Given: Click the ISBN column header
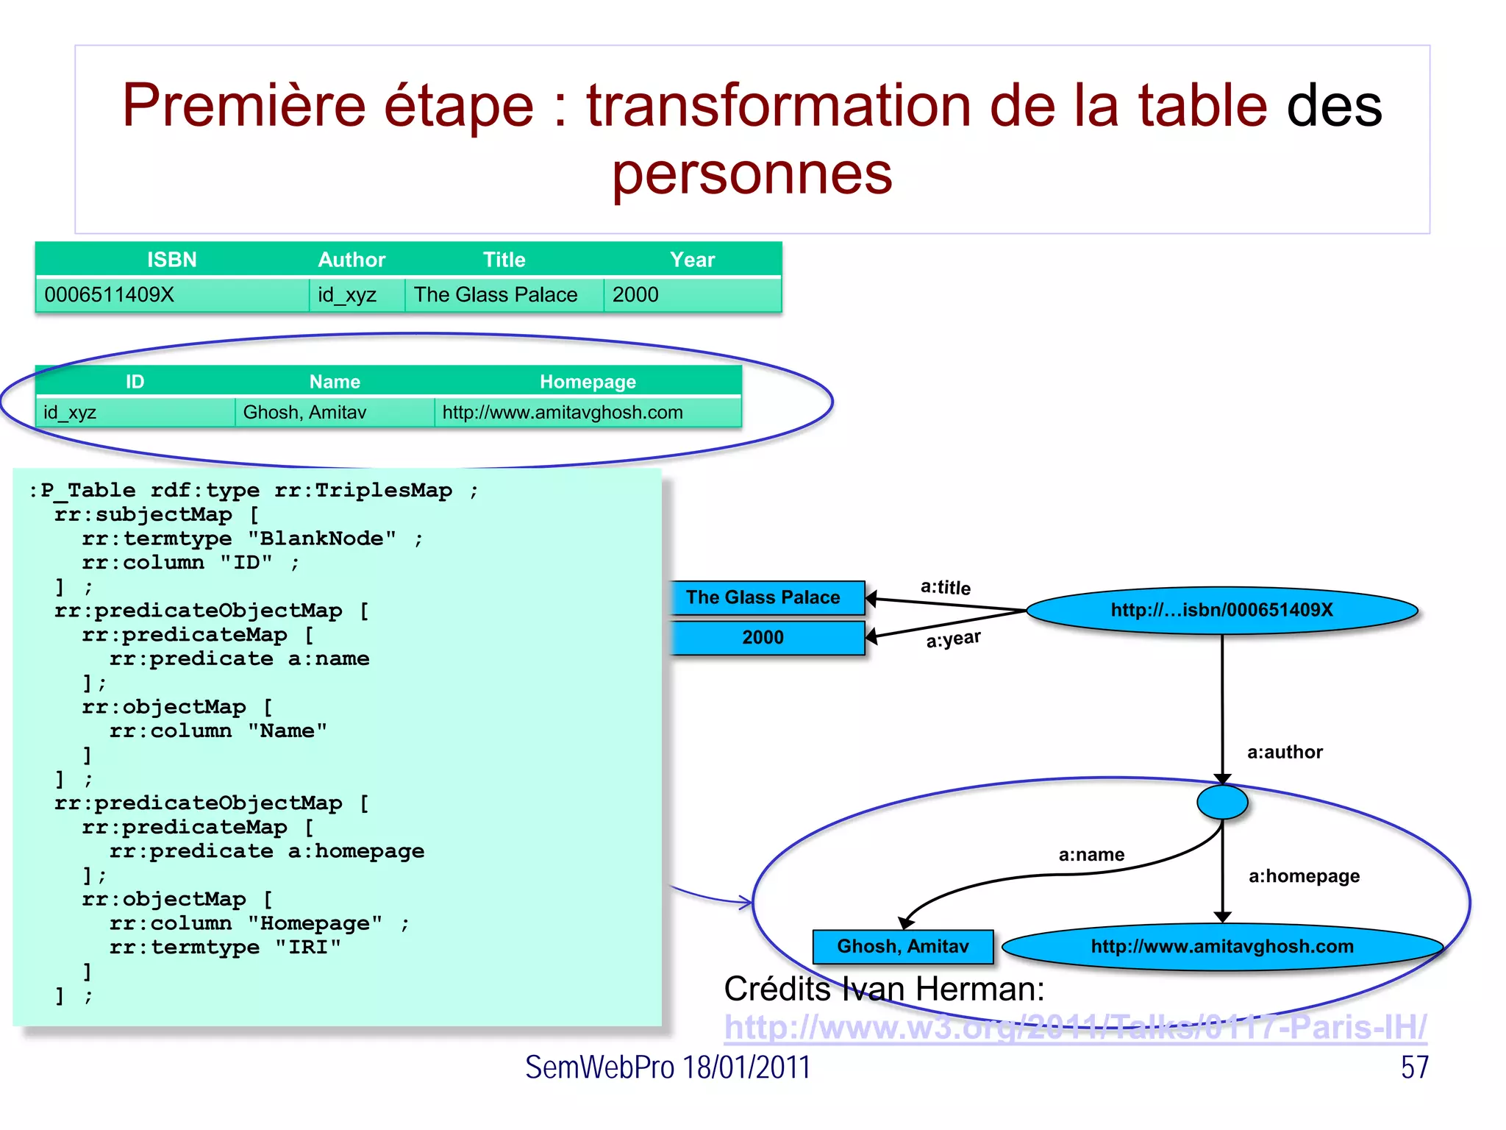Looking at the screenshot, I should click(171, 260).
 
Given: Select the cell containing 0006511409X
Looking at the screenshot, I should click(109, 295).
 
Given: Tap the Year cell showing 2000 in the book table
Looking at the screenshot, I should click(635, 295).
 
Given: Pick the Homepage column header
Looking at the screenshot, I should click(588, 382).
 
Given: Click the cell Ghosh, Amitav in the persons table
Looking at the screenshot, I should click(304, 413).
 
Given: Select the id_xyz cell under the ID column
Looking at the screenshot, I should click(70, 413).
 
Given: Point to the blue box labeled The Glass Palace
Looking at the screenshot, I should click(763, 597).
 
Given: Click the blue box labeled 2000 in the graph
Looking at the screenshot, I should click(763, 637).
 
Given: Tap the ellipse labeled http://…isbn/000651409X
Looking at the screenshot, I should click(1221, 610).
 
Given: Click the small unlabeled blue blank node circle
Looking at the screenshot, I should click(1221, 802).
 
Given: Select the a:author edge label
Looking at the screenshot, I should click(1285, 752).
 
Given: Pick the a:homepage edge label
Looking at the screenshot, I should click(1304, 876).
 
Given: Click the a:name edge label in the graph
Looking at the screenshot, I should click(1091, 855).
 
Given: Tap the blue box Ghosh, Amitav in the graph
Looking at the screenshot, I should click(902, 946).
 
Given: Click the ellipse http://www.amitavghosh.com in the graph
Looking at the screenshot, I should click(1221, 946).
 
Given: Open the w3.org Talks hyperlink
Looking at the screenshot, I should click(1074, 1027).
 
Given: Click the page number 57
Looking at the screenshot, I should click(1414, 1067).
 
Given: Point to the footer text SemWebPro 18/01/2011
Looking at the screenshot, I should click(667, 1067).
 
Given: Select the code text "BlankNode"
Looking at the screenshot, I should click(322, 539).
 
